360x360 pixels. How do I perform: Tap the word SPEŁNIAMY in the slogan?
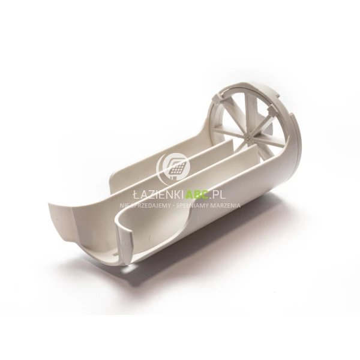[193, 205]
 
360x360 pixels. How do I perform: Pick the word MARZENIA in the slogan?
[226, 205]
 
